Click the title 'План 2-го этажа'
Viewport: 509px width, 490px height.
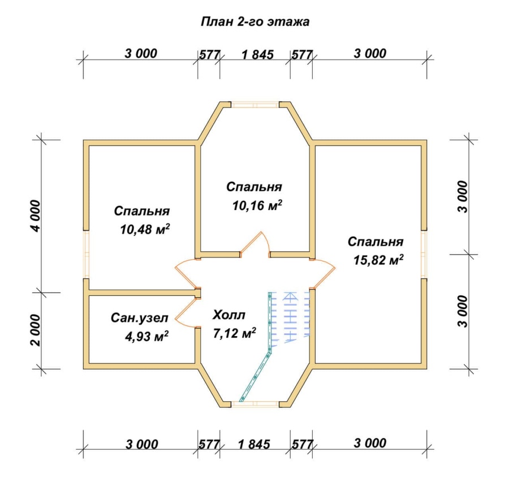[255, 22]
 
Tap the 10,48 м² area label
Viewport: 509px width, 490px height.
[145, 230]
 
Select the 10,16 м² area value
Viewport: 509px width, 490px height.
[257, 205]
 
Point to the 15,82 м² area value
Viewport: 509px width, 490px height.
[378, 260]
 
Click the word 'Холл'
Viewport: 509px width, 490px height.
[229, 315]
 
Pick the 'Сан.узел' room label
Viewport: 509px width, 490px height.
[140, 317]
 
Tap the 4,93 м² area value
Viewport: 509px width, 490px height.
[146, 337]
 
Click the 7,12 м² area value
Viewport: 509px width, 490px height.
[234, 333]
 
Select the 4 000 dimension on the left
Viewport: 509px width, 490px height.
[36, 216]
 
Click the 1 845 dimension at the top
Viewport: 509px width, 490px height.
[257, 54]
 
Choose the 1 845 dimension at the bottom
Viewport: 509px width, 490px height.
[254, 444]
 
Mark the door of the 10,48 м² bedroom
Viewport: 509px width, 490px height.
[187, 273]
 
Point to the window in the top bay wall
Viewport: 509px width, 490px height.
[255, 105]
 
